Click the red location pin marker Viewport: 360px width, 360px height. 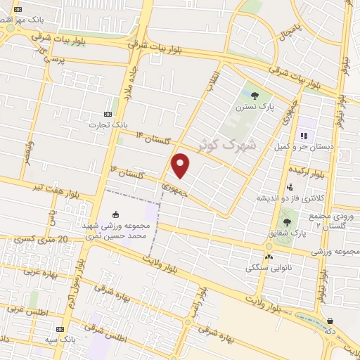tap(181, 165)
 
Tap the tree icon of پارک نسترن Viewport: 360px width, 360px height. tap(255, 96)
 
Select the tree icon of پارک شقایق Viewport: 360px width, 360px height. tap(285, 223)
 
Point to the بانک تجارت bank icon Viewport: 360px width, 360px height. tap(108, 114)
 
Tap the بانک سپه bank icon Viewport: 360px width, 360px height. tap(60, 329)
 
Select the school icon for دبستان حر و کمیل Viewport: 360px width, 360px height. tap(304, 135)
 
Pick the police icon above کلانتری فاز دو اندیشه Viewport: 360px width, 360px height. tap(290, 187)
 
